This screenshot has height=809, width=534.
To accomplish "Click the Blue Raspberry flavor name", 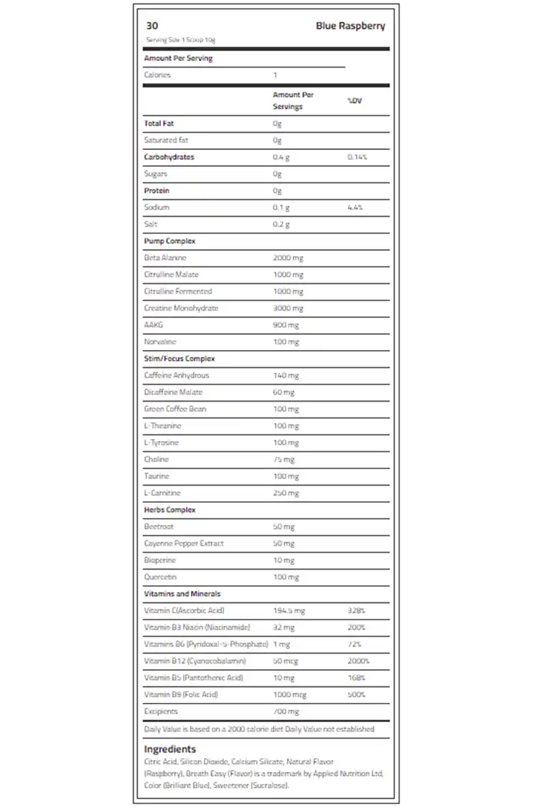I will [x=350, y=26].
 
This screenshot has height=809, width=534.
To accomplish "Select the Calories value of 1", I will [x=275, y=75].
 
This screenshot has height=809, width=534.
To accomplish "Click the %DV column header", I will [x=355, y=100].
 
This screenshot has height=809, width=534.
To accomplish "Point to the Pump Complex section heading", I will [x=169, y=241].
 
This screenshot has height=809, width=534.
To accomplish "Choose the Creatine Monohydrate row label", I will [x=181, y=308].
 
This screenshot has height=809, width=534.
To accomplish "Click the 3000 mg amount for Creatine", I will [x=288, y=308].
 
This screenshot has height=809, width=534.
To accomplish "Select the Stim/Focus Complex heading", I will [x=179, y=359].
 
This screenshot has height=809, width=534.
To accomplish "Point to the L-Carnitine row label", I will [x=162, y=493].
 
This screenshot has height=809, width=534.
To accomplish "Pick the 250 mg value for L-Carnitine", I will [x=286, y=493].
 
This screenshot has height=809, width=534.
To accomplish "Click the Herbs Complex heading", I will [x=169, y=510].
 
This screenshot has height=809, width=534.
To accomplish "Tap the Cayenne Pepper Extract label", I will [x=184, y=544].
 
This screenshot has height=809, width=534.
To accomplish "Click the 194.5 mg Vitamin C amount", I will [x=289, y=610].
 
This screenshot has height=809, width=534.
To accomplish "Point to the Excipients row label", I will [x=161, y=711].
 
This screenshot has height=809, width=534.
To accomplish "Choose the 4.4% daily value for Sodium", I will [x=355, y=207].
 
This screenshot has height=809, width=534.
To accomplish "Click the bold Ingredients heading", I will [x=169, y=749].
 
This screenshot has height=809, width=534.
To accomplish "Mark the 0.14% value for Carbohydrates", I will [x=357, y=157].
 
